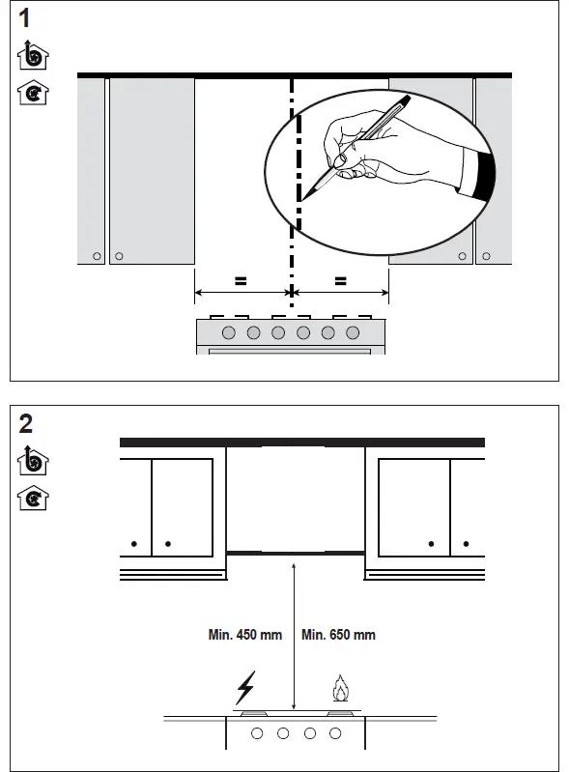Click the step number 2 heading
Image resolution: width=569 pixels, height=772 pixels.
coord(26,423)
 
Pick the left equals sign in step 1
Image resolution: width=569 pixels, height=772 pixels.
coord(241,282)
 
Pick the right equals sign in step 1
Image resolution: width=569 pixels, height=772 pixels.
coord(340,282)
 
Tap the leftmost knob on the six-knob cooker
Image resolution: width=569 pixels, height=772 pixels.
coord(229,333)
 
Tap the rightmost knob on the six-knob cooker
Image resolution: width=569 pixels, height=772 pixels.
coord(353,333)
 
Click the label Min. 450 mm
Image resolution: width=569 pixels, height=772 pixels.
coord(245,635)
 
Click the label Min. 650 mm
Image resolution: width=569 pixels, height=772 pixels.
coord(338,635)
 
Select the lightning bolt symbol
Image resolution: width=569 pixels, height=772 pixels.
coord(244,689)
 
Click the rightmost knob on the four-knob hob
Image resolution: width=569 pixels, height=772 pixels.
coord(335,734)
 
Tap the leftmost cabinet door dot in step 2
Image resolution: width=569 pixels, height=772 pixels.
coord(135,544)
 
